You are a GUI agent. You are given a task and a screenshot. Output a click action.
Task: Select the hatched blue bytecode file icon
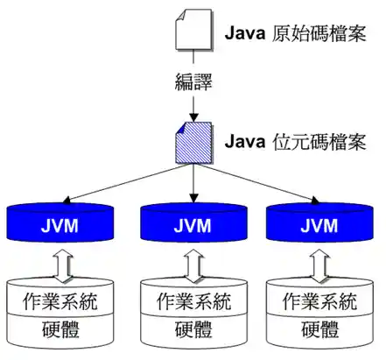(x=193, y=140)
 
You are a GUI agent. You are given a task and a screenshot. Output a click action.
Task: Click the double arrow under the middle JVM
(x=193, y=262)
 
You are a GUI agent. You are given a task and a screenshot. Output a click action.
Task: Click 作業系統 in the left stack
(x=60, y=302)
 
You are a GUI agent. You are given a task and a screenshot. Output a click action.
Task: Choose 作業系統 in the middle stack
(x=193, y=302)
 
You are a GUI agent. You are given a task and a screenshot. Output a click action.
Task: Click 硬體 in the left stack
(x=60, y=330)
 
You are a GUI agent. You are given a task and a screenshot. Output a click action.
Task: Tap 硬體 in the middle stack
(x=193, y=330)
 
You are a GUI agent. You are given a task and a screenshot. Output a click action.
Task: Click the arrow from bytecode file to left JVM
(x=123, y=181)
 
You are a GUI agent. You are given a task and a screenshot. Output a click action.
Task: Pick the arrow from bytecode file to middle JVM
(x=193, y=184)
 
